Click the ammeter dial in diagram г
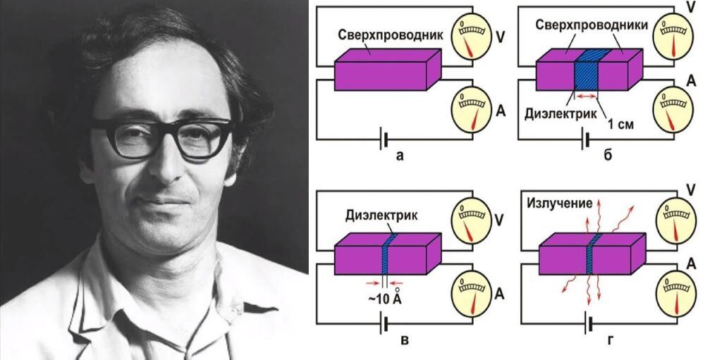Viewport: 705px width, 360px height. (x=675, y=290)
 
